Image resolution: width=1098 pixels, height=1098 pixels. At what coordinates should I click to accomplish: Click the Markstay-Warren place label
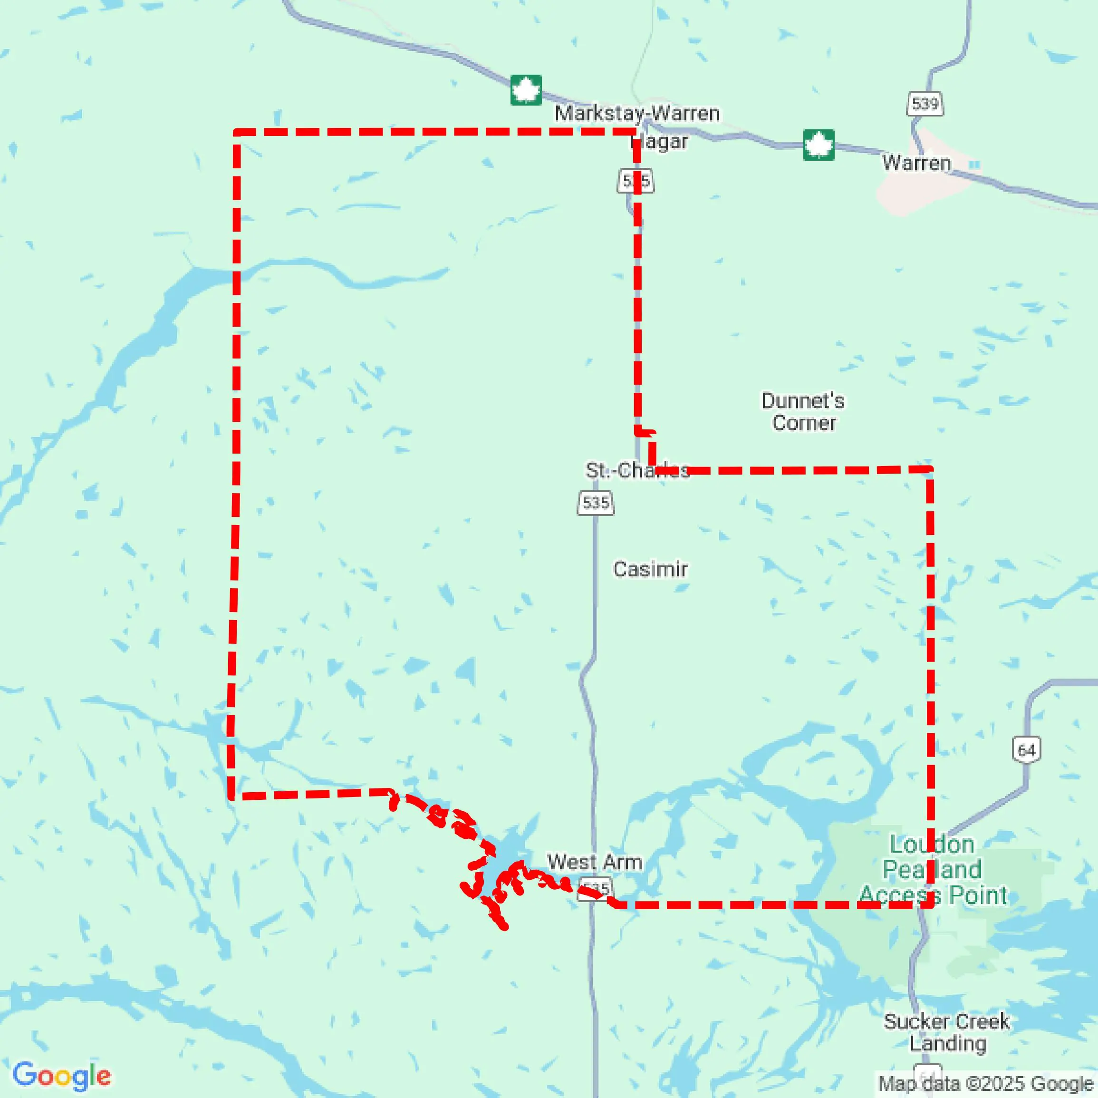click(x=637, y=113)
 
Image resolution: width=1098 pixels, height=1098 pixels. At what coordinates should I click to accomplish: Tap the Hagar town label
click(x=660, y=141)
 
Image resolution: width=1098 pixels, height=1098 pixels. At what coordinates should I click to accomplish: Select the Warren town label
click(x=916, y=163)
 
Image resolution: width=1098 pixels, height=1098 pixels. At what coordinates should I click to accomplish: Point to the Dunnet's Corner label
click(x=803, y=412)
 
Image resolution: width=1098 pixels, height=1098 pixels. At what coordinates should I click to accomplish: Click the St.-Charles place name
click(x=637, y=470)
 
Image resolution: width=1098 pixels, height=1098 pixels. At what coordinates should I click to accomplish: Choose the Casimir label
click(x=650, y=569)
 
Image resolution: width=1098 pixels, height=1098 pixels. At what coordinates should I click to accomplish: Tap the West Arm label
click(x=595, y=862)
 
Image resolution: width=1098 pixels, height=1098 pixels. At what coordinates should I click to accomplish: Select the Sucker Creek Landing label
click(x=947, y=1032)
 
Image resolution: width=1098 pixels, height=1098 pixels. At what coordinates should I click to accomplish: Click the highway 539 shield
click(x=925, y=104)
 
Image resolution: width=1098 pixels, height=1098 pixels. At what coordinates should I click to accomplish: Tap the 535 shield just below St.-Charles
click(x=596, y=503)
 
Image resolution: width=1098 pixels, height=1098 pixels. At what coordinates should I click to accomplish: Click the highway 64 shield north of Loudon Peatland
click(x=1026, y=750)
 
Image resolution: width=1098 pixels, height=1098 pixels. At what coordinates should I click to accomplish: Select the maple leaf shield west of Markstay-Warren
click(x=526, y=90)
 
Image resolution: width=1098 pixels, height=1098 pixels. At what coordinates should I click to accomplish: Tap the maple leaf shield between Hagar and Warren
click(x=819, y=145)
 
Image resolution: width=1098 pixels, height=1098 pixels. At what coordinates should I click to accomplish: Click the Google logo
click(x=61, y=1076)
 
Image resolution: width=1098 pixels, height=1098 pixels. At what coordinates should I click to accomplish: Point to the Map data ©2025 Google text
click(x=986, y=1083)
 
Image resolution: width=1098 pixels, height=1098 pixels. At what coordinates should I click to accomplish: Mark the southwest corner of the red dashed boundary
click(x=231, y=796)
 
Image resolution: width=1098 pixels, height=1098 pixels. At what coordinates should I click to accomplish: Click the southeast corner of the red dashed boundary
click(x=930, y=904)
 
